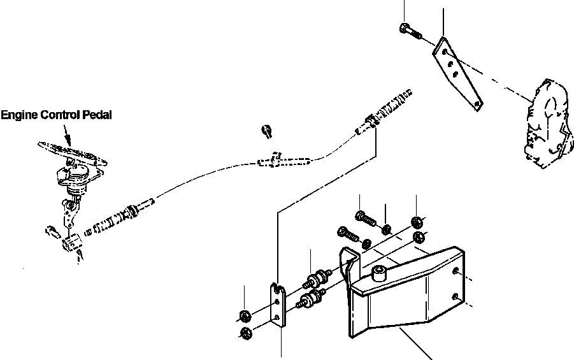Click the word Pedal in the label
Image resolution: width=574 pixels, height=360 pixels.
(x=97, y=115)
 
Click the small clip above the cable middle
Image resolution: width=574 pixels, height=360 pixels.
(x=267, y=132)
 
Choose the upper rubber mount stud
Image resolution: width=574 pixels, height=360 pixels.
(x=318, y=278)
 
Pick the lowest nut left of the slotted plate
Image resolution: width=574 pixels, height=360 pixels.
(x=245, y=333)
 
